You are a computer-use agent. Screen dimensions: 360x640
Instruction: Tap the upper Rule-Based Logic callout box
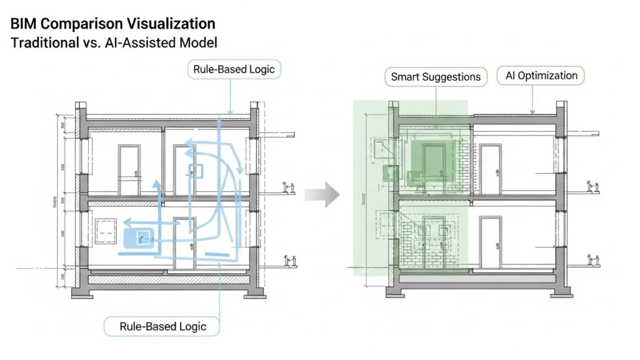tap(234, 68)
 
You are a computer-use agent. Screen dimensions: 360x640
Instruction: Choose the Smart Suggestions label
tap(435, 77)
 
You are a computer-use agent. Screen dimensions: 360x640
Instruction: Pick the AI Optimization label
tap(541, 76)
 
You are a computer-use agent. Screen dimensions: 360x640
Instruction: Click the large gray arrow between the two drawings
tap(322, 196)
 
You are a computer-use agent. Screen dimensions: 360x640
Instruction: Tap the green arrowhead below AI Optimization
tap(532, 112)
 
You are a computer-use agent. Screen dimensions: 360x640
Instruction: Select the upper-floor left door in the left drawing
tap(129, 164)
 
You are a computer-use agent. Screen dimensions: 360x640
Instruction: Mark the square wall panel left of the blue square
tap(104, 231)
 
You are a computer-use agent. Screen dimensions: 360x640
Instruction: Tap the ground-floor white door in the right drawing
tap(491, 238)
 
